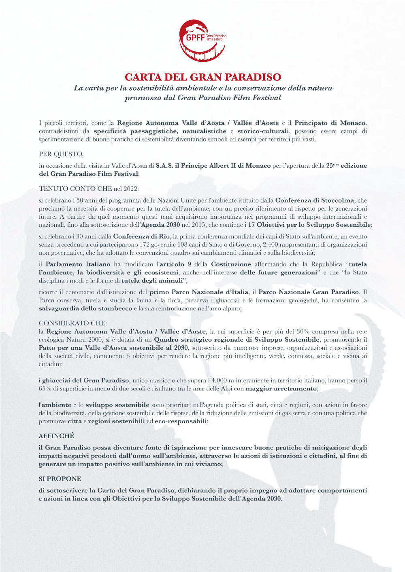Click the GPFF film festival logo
(202, 40)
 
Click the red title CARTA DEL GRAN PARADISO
(202, 77)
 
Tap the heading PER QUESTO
(61, 154)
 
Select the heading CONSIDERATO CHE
(73, 323)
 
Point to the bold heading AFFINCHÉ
(56, 436)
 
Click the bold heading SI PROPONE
(60, 479)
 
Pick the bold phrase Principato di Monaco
(330, 123)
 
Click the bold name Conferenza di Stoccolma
(315, 200)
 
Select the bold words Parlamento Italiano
(78, 264)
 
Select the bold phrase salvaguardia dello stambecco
(85, 308)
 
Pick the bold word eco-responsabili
(181, 421)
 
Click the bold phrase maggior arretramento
(281, 388)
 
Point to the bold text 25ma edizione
(346, 165)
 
